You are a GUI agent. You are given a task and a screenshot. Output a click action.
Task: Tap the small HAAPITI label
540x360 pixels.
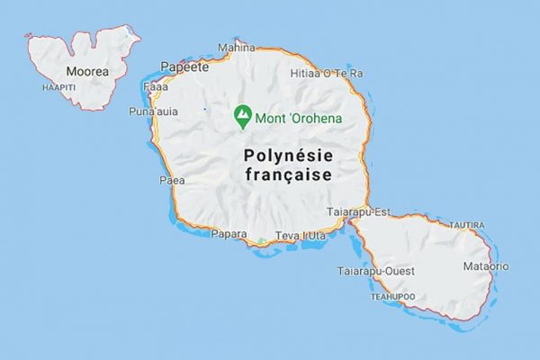58,87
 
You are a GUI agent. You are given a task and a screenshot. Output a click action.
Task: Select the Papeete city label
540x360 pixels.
184,67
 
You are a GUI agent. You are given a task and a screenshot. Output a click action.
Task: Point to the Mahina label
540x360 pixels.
237,48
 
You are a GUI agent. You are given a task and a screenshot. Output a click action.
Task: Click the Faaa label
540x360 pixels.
157,87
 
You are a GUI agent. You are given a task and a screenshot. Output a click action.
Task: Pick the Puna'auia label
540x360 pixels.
154,112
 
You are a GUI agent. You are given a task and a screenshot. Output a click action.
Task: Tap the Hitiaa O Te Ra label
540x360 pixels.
327,73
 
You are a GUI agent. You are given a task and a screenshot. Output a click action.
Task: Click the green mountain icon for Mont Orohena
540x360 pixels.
241,115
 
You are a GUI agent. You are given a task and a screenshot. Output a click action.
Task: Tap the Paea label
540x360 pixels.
171,180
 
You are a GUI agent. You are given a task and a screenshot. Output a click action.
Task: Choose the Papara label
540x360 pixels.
228,234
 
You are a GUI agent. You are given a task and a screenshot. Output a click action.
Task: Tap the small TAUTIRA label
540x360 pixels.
466,225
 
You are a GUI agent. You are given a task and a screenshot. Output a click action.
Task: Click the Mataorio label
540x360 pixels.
485,266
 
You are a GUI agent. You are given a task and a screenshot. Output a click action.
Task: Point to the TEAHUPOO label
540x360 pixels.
393,295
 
